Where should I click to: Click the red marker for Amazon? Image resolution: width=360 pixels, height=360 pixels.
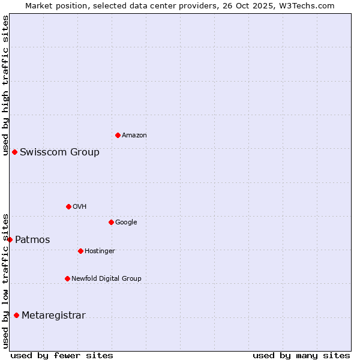pos(118,135)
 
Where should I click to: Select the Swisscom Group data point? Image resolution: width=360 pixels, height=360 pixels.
pos(14,152)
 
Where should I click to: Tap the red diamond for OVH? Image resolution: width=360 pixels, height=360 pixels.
pos(68,206)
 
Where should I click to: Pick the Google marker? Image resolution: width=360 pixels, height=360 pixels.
pos(111,222)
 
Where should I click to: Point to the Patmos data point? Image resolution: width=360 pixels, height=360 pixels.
pos(10,239)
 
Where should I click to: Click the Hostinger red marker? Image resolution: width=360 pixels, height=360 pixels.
pos(80,251)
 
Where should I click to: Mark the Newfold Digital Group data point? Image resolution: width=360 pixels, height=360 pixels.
pos(67,278)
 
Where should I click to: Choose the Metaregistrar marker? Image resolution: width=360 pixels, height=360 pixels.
pos(16,315)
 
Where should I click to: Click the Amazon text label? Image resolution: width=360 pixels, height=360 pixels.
pos(134,136)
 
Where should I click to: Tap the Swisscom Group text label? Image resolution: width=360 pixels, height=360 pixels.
pos(59,152)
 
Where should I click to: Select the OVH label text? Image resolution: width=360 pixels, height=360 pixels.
pos(80,207)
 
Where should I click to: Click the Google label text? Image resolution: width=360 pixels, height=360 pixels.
pos(126,223)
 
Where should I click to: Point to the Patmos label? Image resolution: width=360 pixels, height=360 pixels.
pos(32,240)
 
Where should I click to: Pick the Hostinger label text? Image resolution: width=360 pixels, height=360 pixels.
pos(100,251)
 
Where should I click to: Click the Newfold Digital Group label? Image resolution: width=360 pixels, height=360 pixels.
pos(106,279)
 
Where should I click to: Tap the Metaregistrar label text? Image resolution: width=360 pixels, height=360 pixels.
pos(53,316)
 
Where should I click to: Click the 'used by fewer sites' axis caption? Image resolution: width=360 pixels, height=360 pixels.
pos(62,355)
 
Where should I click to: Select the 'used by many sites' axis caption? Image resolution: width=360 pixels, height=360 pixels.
pos(301,355)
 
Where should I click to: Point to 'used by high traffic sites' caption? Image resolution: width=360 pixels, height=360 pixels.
pos(5,85)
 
